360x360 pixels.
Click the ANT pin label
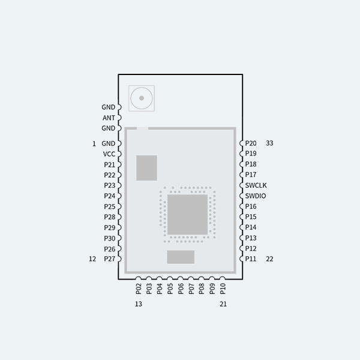point(109,118)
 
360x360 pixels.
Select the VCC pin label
point(109,154)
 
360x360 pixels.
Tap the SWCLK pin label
point(256,185)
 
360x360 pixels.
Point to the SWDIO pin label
point(256,196)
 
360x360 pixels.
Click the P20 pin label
point(251,143)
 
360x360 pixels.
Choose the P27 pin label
point(109,259)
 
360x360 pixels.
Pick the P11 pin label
point(251,259)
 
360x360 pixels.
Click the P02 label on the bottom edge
point(139,289)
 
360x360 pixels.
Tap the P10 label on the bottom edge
point(223,289)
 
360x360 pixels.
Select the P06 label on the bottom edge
point(181,289)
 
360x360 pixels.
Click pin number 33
point(269,143)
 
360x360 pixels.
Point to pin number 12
point(92,259)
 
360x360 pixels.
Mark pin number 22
point(269,259)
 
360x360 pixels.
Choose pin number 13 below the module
point(139,304)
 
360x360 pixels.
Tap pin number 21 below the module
point(223,304)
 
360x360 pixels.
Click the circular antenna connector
point(142,97)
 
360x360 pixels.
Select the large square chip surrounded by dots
point(187,214)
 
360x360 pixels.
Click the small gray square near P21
point(146,168)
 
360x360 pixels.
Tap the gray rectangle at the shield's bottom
point(181,257)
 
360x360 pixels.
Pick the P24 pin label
point(109,196)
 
